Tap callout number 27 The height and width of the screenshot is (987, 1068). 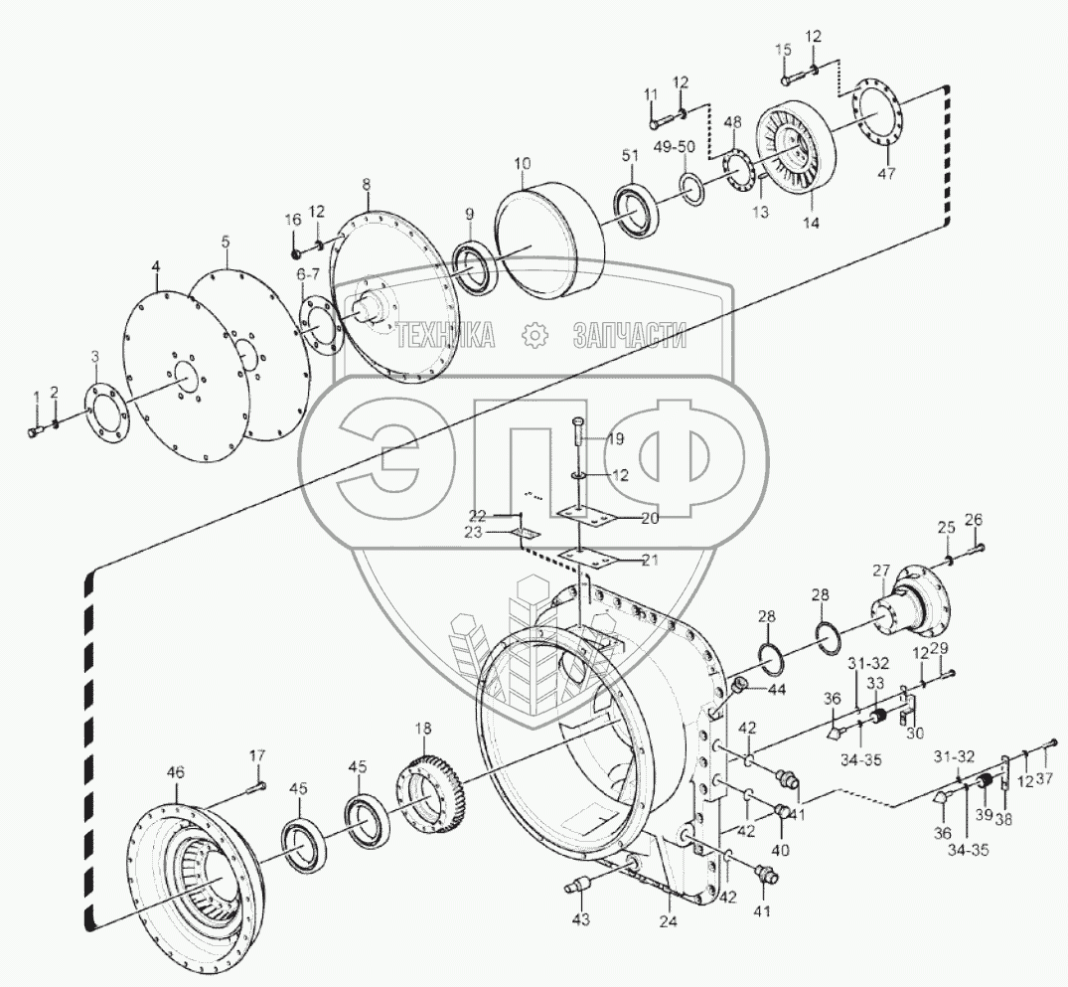click(881, 570)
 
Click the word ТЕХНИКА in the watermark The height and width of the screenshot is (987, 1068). click(445, 336)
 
